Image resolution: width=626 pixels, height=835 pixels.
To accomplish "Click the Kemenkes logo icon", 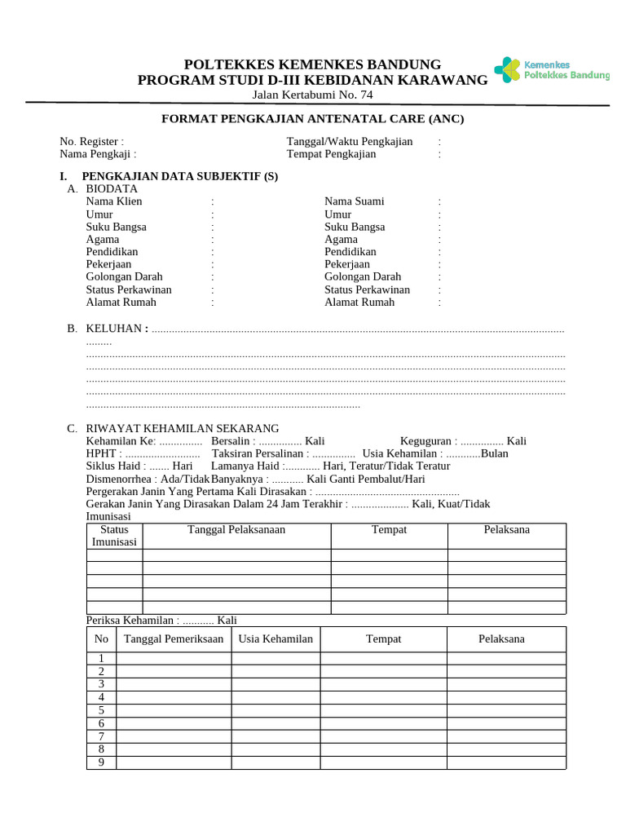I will [506, 70].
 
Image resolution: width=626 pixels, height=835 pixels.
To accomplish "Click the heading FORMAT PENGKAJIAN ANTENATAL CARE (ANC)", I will [312, 119].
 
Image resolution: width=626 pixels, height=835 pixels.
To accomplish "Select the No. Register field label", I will [91, 141].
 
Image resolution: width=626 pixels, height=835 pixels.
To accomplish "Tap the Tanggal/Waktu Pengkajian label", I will [349, 141].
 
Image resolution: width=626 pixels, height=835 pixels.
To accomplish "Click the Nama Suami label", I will [354, 201].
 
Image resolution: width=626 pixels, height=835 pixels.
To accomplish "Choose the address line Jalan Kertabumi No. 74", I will [312, 95].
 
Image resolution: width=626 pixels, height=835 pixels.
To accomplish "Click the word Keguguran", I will [426, 441].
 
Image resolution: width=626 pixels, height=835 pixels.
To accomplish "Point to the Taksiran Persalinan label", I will [258, 453].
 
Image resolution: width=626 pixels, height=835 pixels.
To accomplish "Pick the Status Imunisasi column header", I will [114, 536].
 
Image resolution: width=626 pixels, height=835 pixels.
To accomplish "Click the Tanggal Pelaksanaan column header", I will [236, 530].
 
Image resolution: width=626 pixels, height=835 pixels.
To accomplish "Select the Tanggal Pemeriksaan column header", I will [174, 638].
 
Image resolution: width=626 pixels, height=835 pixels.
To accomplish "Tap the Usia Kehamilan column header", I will [276, 638].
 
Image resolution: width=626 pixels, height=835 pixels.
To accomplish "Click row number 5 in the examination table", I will [101, 710].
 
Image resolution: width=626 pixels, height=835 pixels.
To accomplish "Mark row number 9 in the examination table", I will [101, 762].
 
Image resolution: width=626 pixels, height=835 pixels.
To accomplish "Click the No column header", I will [101, 638].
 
